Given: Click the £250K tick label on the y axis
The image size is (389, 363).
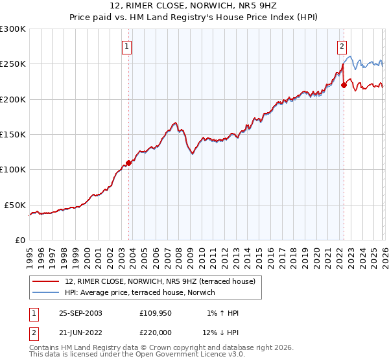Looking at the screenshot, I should [13, 64].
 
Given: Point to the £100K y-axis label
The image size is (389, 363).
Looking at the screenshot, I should [13, 170].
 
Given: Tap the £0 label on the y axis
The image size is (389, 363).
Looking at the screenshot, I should [20, 240].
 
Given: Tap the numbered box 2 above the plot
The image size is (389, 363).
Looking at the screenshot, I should [341, 46].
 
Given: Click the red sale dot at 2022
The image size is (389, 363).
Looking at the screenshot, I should [344, 85].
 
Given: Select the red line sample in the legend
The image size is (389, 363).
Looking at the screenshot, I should [46, 281].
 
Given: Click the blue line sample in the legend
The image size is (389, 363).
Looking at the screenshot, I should [46, 292].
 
